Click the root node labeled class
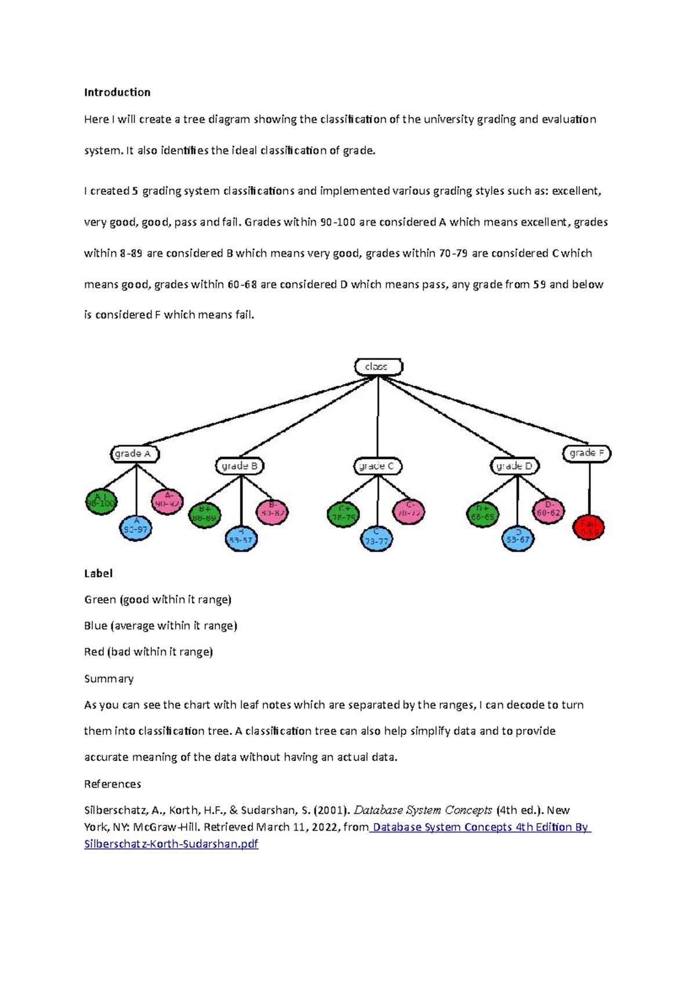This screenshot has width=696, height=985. (x=378, y=367)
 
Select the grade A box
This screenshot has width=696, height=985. (x=135, y=454)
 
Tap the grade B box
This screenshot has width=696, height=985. (x=240, y=466)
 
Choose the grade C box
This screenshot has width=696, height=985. (x=378, y=466)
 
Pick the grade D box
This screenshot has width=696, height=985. (x=515, y=466)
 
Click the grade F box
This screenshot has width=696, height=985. (x=586, y=453)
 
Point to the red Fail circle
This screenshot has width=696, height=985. (x=588, y=527)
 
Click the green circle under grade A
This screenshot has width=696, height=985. (x=101, y=502)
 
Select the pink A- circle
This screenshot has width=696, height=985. (x=168, y=502)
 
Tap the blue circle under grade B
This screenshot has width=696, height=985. (x=241, y=538)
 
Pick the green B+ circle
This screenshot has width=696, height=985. (x=205, y=515)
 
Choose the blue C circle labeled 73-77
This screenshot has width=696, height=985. (x=376, y=538)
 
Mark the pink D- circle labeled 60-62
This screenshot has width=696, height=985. (x=548, y=510)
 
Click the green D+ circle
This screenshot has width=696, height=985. (x=483, y=515)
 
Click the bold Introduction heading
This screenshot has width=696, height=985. (x=117, y=92)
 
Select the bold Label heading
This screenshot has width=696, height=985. (x=98, y=573)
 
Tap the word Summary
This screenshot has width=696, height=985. (x=108, y=679)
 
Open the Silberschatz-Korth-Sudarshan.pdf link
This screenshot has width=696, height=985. (x=171, y=844)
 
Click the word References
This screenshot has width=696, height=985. (x=113, y=784)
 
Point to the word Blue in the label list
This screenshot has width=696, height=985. (x=96, y=626)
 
